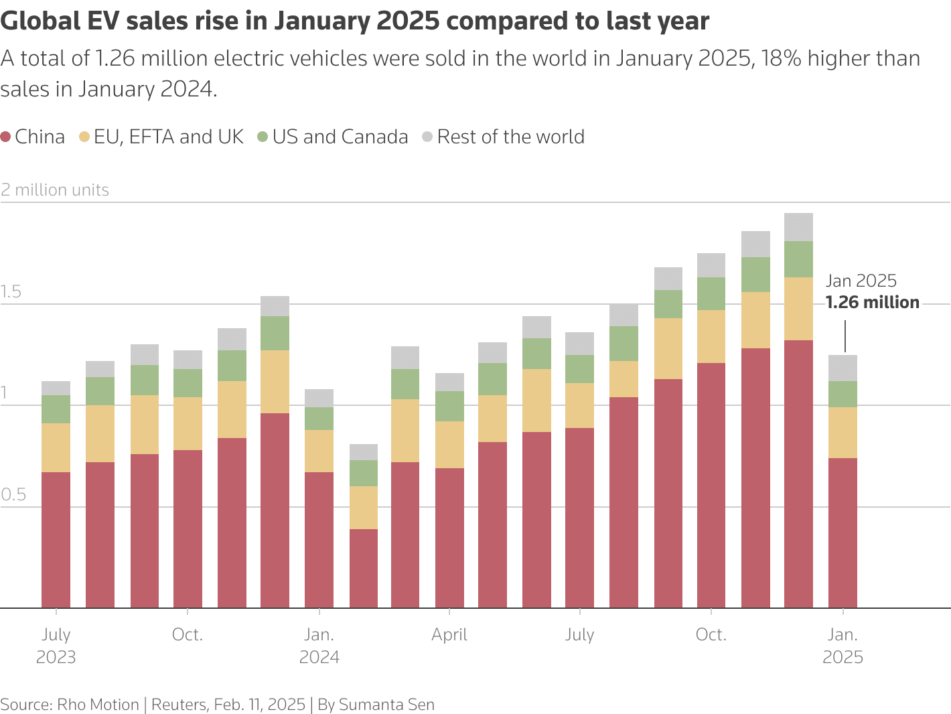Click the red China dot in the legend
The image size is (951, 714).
pos(6,137)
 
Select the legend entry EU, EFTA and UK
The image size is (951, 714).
pos(168,137)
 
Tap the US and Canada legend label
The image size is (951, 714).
pos(340,137)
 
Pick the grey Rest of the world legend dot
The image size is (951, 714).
pos(427,137)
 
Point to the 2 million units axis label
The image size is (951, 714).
pos(55,190)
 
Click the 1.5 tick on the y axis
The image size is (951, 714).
pos(11,292)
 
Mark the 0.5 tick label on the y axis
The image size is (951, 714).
pos(13,495)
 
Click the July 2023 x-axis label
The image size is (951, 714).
pos(56,646)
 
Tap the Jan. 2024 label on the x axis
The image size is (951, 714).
pos(319,646)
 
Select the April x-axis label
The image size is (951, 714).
pos(449,635)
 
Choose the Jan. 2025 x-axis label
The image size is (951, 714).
pos(843,646)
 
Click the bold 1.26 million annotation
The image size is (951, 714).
pos(872,303)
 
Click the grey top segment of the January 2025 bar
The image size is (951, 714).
pos(843,368)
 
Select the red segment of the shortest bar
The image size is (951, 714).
pos(364,569)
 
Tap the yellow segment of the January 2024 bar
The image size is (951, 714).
pos(319,451)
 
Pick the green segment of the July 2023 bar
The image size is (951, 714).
pos(56,409)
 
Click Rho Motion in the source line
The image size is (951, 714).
pos(98,705)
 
